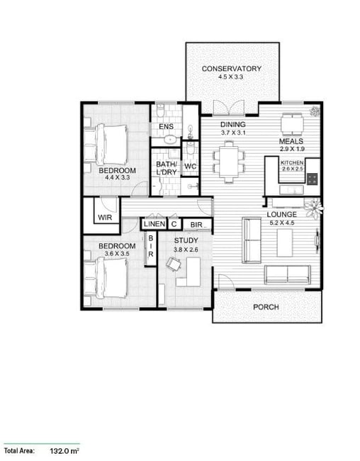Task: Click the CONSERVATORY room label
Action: (232, 69)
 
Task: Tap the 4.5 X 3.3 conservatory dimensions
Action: (230, 77)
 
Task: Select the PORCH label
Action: (266, 307)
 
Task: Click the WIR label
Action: (105, 217)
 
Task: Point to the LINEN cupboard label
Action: (154, 224)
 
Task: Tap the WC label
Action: (190, 166)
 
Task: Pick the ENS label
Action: (166, 126)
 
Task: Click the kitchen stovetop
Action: (312, 179)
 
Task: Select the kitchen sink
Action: (291, 189)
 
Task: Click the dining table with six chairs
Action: (229, 162)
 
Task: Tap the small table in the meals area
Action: (293, 124)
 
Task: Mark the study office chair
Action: (174, 264)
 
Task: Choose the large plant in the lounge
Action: (313, 208)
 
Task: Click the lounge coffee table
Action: (285, 243)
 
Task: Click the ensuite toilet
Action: (160, 111)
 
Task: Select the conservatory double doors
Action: (229, 107)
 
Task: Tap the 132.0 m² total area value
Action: (64, 450)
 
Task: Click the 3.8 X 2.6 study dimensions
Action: (186, 250)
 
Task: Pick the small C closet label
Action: (174, 224)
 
